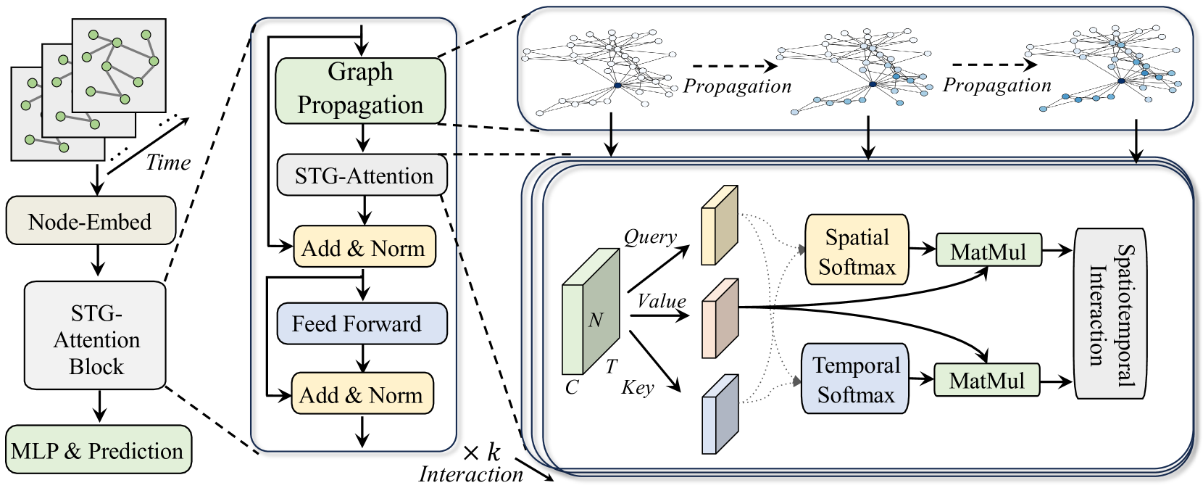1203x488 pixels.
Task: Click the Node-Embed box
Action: pos(91,220)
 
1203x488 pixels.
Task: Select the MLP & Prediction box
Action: pos(98,450)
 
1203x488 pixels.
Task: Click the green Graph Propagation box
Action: pos(360,90)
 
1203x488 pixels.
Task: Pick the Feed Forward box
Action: pos(362,323)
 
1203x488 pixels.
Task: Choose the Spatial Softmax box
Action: pos(857,251)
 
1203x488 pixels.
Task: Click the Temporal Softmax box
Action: pos(855,379)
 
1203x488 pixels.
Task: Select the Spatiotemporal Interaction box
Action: pos(1109,313)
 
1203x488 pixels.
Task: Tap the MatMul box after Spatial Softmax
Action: pos(988,251)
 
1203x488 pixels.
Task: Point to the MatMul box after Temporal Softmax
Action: pos(986,380)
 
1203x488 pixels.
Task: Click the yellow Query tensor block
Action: pos(719,226)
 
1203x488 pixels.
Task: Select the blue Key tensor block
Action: pos(719,414)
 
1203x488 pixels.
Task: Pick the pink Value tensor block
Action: pos(719,318)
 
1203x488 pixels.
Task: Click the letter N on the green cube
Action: pos(596,320)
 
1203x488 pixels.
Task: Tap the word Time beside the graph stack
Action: pos(168,162)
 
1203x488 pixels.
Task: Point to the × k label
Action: pos(481,453)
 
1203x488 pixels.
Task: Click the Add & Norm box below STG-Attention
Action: pos(364,248)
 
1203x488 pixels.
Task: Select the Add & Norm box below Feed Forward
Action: pos(362,394)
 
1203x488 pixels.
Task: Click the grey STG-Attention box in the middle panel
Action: pos(362,175)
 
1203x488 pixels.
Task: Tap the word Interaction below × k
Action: pos(471,474)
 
